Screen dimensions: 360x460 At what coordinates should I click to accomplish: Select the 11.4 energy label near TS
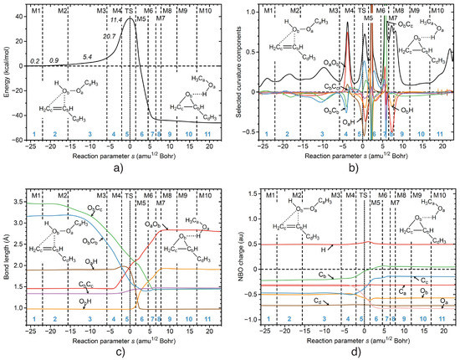[x=117, y=19]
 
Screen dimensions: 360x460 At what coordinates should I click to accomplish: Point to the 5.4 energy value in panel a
[x=88, y=56]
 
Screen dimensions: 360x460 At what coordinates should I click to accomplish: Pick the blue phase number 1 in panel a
[x=34, y=133]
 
